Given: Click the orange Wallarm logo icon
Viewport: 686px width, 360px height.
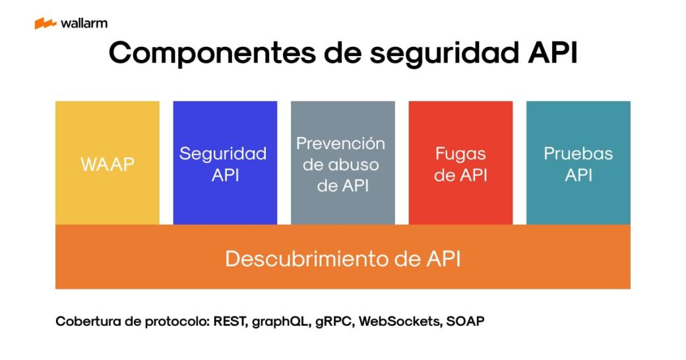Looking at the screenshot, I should click(x=45, y=24).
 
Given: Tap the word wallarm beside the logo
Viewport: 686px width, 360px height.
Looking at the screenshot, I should click(x=84, y=24).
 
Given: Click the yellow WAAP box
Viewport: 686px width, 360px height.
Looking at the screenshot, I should click(x=108, y=163).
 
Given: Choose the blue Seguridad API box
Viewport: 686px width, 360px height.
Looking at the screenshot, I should click(x=225, y=163).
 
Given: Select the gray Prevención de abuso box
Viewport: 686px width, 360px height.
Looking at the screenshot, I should click(x=342, y=163).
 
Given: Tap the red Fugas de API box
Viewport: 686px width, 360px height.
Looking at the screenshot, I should click(x=460, y=163).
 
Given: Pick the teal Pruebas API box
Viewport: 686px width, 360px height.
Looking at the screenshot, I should click(x=578, y=163).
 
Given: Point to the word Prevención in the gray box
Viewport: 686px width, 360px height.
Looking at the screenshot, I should click(x=340, y=143).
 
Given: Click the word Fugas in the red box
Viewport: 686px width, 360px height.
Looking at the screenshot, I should click(x=460, y=154).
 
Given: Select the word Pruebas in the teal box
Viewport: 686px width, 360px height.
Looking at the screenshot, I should click(x=578, y=154).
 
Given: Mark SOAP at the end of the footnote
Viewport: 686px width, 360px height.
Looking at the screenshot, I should click(x=466, y=322).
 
